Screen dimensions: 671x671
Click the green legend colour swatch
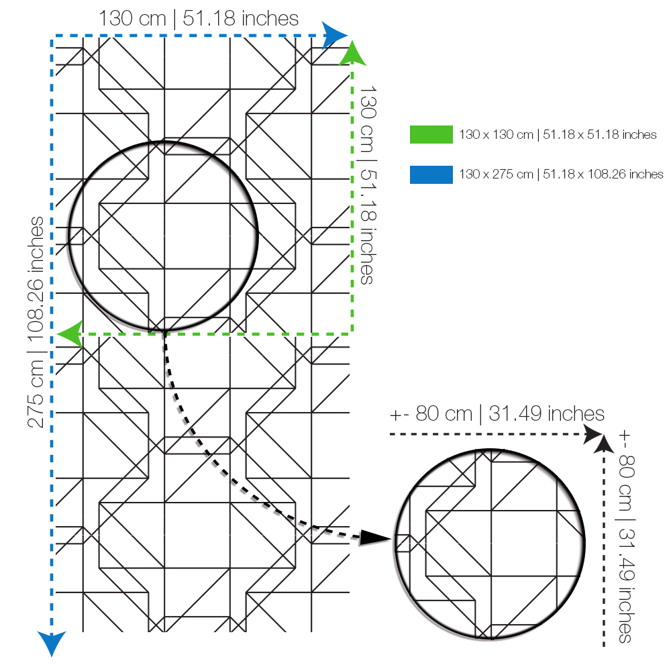(x=431, y=134)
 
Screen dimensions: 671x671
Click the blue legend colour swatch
(x=431, y=174)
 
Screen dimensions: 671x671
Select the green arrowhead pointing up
(x=353, y=53)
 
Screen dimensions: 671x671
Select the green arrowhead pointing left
(x=70, y=334)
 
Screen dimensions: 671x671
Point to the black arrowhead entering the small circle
(x=375, y=537)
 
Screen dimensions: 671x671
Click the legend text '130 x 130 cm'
(x=496, y=135)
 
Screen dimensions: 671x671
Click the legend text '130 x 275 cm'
(x=496, y=174)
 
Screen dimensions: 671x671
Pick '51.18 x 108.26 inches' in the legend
(x=603, y=174)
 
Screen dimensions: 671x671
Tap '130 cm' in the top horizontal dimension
(x=132, y=19)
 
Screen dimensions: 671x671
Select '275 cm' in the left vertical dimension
(x=36, y=394)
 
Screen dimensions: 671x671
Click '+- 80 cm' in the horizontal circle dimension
(x=431, y=414)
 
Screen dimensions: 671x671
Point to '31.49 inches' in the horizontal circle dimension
(x=546, y=414)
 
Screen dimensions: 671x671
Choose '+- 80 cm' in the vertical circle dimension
(x=627, y=470)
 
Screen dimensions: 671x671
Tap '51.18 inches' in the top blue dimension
(x=240, y=19)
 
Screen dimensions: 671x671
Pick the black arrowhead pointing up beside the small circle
(x=604, y=444)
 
